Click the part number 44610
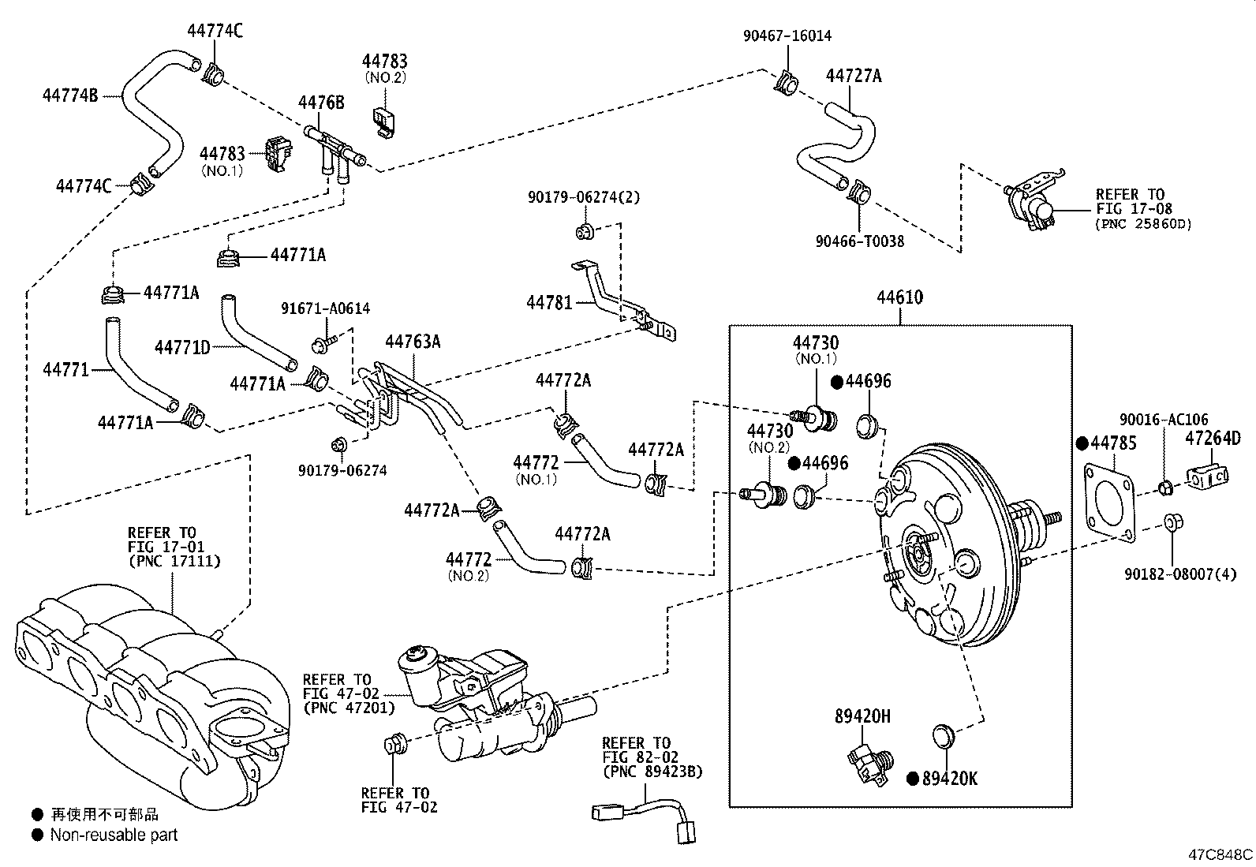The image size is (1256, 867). [899, 298]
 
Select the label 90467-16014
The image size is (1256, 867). [787, 36]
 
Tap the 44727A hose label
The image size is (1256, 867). [853, 76]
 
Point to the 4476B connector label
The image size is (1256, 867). [321, 103]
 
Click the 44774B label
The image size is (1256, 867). [69, 95]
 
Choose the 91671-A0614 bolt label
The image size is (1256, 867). [326, 308]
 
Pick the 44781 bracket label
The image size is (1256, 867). [549, 302]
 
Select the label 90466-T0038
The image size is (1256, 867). [860, 241]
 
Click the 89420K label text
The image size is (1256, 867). [949, 779]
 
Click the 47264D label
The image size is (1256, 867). [1212, 439]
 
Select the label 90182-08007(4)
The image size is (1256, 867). [1180, 574]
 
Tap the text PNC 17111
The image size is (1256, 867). [174, 561]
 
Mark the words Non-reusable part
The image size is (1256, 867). [114, 835]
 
